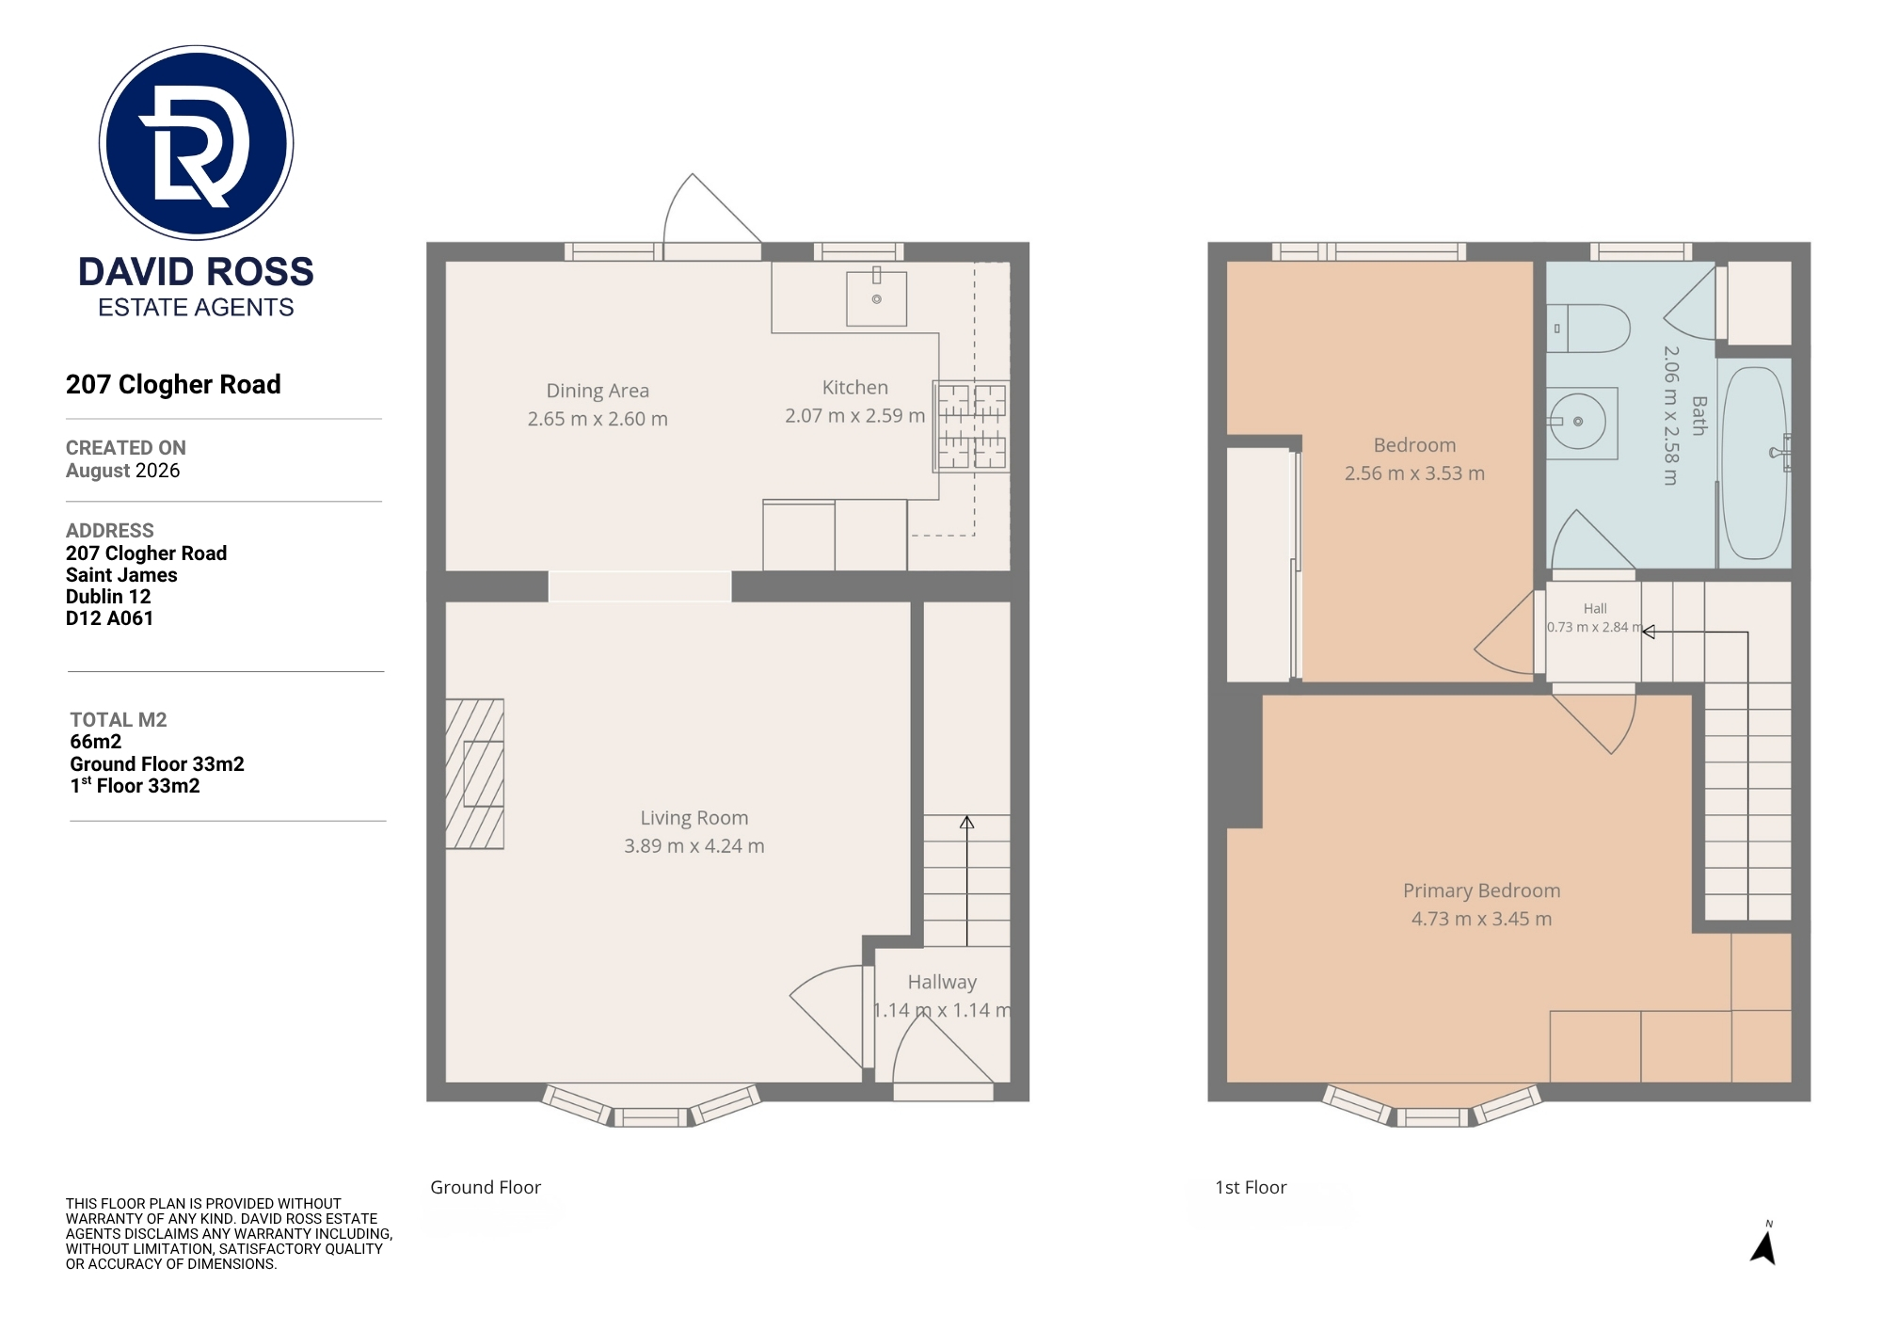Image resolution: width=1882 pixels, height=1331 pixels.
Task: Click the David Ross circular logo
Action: coord(196,142)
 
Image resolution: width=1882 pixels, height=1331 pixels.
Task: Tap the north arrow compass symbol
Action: coord(1763,1244)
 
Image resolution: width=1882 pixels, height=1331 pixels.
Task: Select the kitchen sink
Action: coord(876,298)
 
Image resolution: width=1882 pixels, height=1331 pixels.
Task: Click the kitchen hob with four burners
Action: coord(971,425)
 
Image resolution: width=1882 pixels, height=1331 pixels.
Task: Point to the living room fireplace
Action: coord(474,774)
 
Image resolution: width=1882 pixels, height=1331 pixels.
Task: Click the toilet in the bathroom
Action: coord(1588,328)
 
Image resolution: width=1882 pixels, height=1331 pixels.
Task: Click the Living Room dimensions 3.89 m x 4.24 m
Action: coord(694,846)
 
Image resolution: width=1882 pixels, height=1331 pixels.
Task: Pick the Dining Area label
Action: coord(598,391)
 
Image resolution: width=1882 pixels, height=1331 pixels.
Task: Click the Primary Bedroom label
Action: coord(1481,890)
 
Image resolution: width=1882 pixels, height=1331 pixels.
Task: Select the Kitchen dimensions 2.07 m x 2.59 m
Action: coord(855,416)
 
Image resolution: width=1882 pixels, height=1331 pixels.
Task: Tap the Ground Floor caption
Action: coord(486,1187)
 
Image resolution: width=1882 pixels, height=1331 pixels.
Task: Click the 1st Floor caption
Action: coord(1251,1187)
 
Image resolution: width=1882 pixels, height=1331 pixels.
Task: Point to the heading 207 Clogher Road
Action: coord(173,384)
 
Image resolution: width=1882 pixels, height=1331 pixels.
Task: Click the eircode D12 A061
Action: coord(109,618)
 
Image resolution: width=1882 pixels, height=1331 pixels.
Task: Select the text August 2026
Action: coord(122,471)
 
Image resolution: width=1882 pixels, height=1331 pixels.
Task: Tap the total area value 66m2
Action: coord(95,742)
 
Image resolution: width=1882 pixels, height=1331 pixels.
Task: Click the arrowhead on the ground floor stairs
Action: coord(966,822)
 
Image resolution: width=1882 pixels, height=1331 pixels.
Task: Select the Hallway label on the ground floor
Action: coord(942,983)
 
